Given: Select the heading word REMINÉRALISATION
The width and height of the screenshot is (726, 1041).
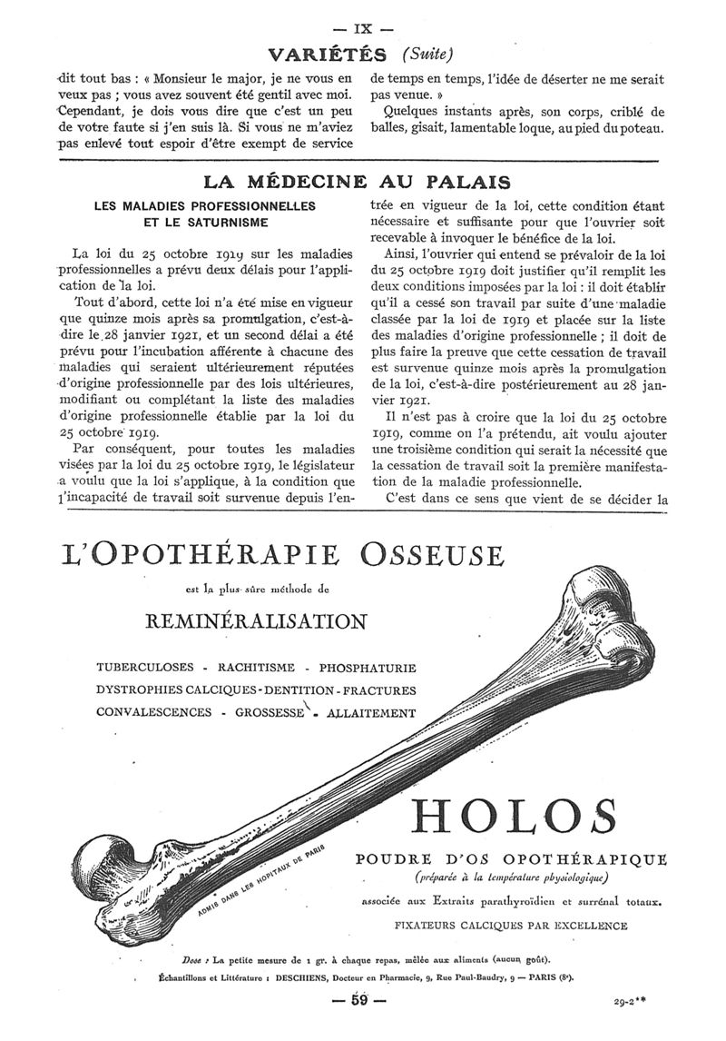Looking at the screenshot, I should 256,621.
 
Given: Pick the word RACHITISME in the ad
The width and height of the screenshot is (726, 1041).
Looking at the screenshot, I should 254,669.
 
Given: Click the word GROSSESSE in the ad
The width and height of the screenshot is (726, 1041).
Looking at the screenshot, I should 269,713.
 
